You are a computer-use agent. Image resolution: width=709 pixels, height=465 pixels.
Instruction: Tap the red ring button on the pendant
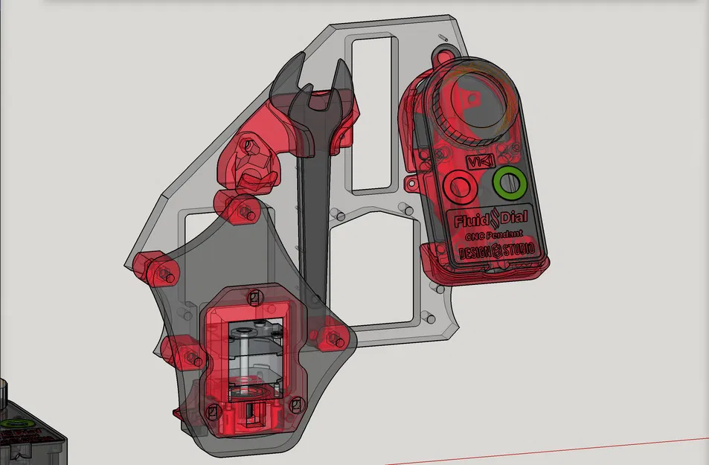(x=459, y=185)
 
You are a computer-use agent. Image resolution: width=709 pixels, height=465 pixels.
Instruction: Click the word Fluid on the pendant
(x=470, y=221)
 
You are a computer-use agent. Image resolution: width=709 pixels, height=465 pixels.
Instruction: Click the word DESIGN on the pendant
(x=474, y=251)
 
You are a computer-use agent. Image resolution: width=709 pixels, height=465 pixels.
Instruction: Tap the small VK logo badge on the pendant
(x=475, y=161)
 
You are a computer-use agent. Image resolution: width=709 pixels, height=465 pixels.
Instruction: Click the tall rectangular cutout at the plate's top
(x=373, y=112)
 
